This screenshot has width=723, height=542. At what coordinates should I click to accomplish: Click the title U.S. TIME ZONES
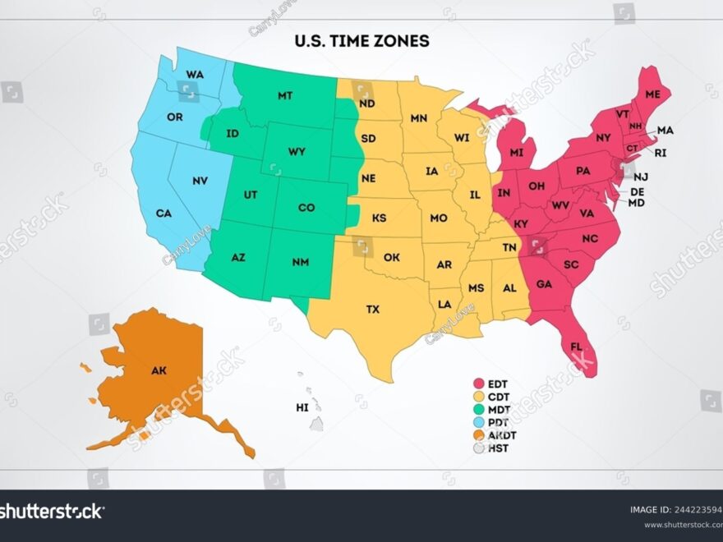coord(361,40)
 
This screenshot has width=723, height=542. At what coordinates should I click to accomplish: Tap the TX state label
coord(373,310)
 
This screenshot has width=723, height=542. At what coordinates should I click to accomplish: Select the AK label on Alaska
coord(159,370)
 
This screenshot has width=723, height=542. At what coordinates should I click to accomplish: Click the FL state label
coord(576,346)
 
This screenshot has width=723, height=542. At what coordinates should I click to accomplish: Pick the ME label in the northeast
coord(652,95)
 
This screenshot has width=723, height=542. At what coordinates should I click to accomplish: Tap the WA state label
coord(195,75)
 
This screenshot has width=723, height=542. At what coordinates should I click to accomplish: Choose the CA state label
coord(163,214)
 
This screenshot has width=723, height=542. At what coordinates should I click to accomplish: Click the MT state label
coord(285,96)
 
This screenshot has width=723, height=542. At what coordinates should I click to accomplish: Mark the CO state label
coord(306,208)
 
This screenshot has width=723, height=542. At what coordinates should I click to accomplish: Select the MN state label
coord(419,119)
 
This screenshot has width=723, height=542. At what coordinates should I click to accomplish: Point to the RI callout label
coord(661,153)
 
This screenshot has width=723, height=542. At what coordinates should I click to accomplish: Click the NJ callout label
coord(641,177)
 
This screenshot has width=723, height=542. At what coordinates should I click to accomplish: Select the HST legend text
coord(498,448)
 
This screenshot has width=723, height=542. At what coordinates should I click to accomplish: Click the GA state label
coord(544,284)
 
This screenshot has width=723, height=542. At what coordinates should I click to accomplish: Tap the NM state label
coord(300,263)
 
